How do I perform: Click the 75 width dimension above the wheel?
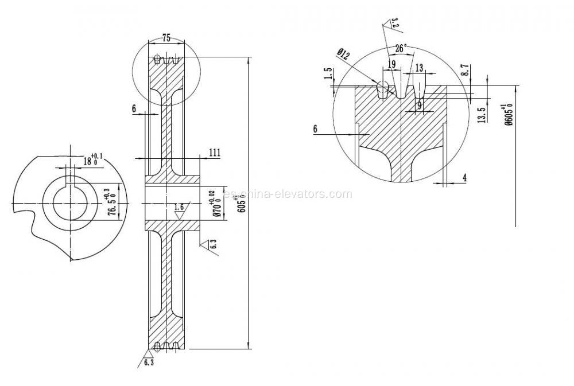[x=166, y=38]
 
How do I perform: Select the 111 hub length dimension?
[x=215, y=152]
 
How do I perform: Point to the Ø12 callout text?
[x=343, y=55]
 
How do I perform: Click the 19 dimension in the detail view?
[x=391, y=64]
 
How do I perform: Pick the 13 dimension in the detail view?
[x=419, y=68]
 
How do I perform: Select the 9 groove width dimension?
[x=420, y=105]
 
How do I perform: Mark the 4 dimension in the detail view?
[x=464, y=178]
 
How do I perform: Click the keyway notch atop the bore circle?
[x=71, y=180]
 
